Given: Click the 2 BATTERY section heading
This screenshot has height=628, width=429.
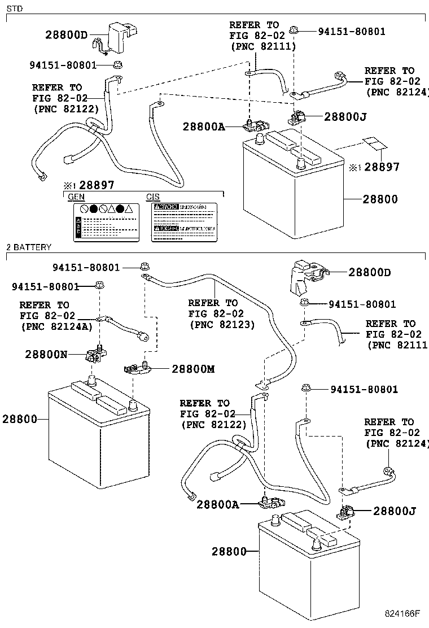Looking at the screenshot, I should click(29, 247).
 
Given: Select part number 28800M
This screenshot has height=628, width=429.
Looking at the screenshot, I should click(193, 369).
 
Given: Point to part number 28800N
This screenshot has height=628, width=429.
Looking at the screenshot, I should click(46, 355).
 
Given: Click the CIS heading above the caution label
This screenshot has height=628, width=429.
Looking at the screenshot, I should click(154, 197).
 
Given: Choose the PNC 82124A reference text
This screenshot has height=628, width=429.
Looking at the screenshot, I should click(56, 326).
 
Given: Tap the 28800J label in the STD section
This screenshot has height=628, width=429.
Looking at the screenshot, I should click(345, 117).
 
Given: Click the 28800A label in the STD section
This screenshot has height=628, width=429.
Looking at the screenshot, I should click(204, 128).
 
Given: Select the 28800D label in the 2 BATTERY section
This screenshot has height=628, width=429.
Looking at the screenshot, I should click(370, 273).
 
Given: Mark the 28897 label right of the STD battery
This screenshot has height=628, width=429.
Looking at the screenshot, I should click(382, 167).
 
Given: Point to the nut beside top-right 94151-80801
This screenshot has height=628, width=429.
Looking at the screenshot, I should click(293, 28).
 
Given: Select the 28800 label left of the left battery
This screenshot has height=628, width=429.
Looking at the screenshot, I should click(19, 419).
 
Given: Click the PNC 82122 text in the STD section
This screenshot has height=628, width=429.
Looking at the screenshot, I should click(65, 108).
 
